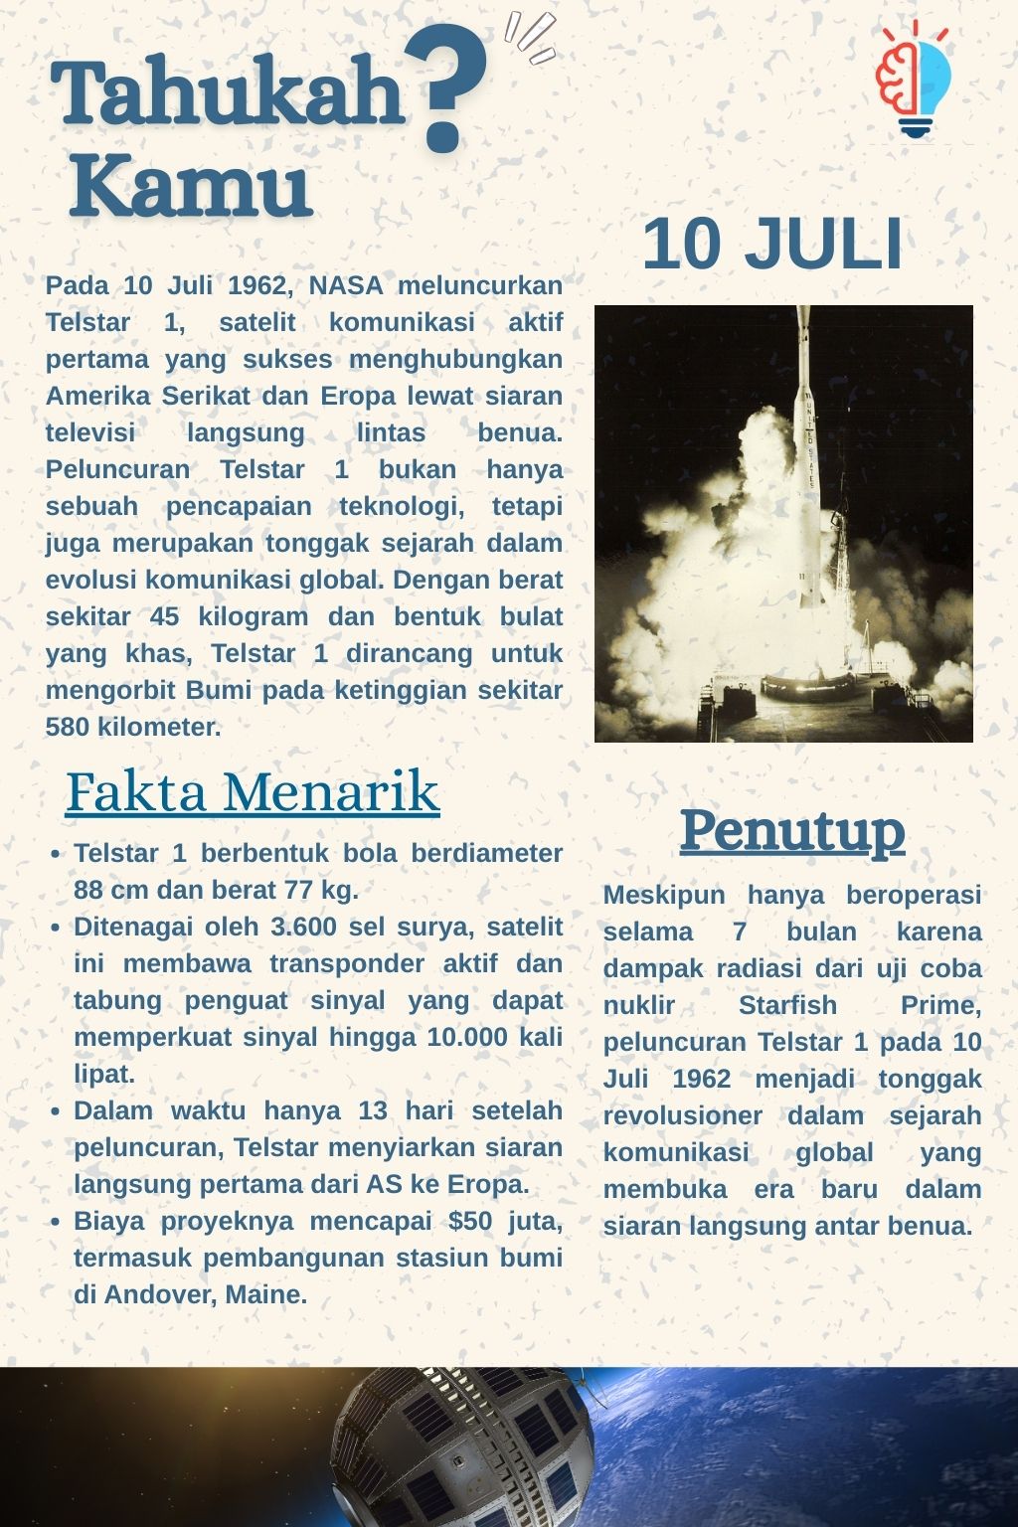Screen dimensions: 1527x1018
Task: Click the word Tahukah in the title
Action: (227, 92)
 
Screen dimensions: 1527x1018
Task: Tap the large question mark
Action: (446, 90)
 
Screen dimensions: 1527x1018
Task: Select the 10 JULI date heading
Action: (772, 244)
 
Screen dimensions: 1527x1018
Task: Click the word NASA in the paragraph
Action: (345, 286)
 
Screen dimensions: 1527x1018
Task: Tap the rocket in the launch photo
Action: (807, 467)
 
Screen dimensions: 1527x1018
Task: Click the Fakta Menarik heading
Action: (253, 792)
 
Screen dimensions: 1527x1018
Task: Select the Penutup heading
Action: (792, 830)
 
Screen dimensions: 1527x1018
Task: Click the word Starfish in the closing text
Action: (787, 1006)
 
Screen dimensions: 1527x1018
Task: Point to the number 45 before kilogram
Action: (164, 617)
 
